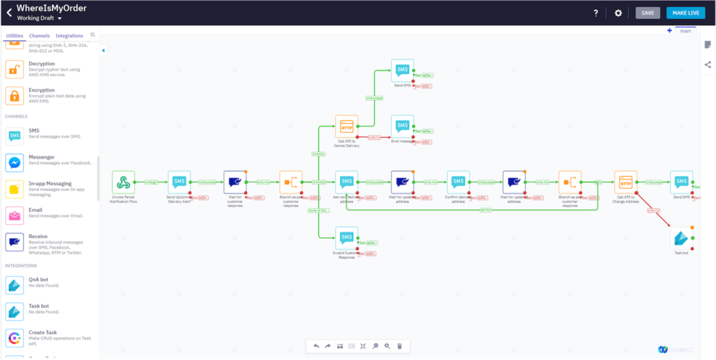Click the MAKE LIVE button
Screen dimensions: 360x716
(x=686, y=13)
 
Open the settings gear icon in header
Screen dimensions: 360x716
(x=618, y=13)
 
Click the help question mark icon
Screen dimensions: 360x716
(x=596, y=13)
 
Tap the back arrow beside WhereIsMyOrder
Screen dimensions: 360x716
(x=9, y=13)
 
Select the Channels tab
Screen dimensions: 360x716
(x=39, y=36)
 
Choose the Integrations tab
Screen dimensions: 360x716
(x=69, y=36)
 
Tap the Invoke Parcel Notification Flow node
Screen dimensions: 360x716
(x=123, y=182)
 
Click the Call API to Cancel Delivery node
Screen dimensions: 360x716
(x=346, y=127)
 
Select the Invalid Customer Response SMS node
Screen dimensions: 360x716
(x=346, y=238)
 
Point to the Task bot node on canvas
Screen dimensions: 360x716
(x=681, y=238)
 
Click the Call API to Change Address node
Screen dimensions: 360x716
(x=625, y=182)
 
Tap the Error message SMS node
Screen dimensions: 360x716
(x=402, y=127)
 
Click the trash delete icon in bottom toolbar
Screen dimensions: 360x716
(x=399, y=346)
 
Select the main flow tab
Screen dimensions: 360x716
(x=685, y=31)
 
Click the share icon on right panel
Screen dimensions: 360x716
(x=708, y=64)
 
